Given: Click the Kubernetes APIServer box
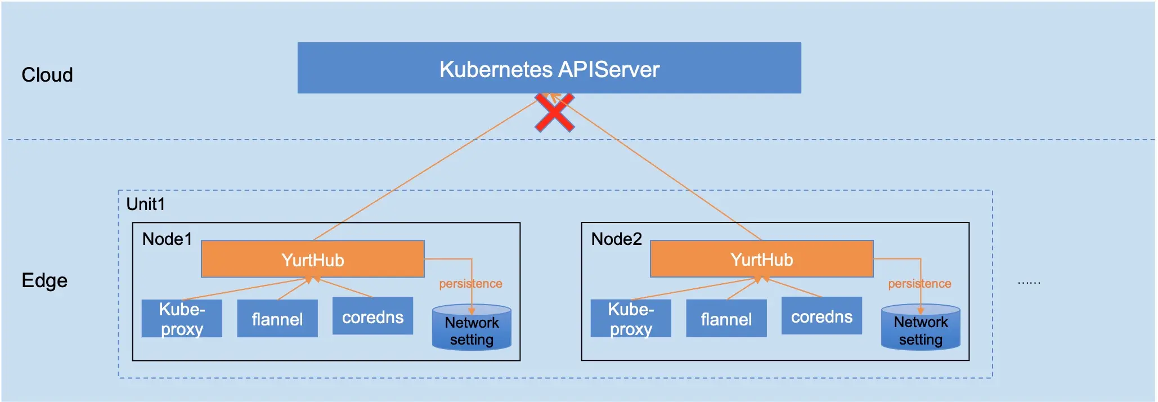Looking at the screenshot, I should point(549,68).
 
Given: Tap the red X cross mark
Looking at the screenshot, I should point(554,113).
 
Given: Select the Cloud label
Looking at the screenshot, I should point(47,75).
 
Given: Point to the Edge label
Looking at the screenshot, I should point(44,280).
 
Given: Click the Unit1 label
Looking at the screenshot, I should point(146,204).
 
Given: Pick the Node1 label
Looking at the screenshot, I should point(167,239).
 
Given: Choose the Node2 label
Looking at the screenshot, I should point(616,239).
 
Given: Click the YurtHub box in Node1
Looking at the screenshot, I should point(312,260).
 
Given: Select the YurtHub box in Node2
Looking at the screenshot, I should point(761,259).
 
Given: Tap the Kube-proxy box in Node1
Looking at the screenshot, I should point(182,319).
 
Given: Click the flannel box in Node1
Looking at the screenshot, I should point(277,319).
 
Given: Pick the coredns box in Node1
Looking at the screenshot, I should point(372,316).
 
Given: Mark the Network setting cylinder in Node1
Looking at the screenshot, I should point(472,330).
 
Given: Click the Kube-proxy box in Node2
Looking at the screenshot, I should point(631,319).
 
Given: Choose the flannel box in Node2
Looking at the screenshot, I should point(726,319).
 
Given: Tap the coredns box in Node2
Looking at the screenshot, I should point(822,316).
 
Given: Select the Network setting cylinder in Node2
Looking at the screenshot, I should point(921,330).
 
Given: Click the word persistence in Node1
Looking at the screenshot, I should point(470,284).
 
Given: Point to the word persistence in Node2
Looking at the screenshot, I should point(919,284).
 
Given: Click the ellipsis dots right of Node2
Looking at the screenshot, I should point(1029,283).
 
